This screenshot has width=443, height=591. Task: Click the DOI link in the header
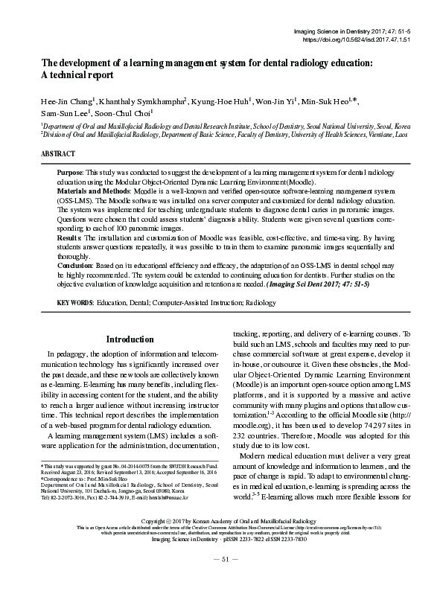(x=370, y=40)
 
